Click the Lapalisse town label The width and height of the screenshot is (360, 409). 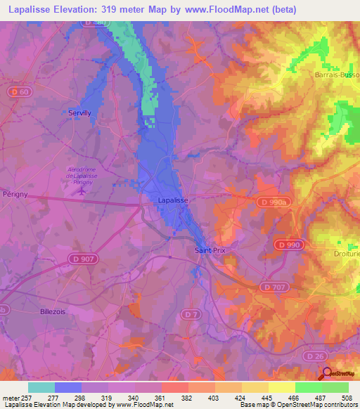171,200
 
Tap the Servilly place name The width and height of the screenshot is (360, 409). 79,112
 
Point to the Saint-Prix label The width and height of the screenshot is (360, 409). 208,249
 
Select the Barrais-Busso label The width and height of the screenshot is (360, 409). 337,74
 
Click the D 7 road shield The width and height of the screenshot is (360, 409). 190,313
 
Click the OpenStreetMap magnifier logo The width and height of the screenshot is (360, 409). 327,373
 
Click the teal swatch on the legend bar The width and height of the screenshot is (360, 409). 41,387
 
